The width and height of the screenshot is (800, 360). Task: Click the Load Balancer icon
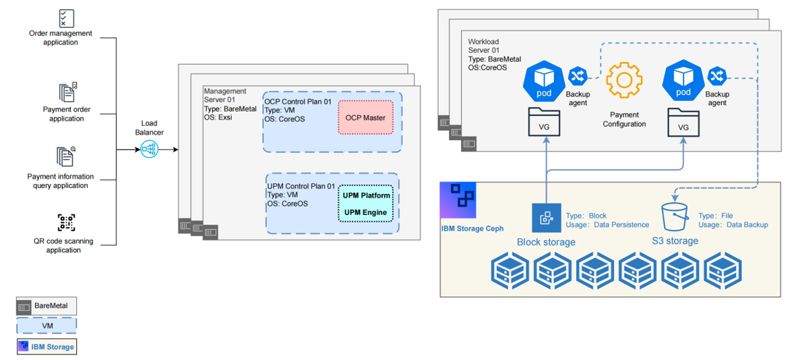[149, 150]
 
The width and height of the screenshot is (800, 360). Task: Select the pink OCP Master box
[365, 117]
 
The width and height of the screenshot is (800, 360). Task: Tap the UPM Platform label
[365, 196]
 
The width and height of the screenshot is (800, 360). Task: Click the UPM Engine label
[365, 212]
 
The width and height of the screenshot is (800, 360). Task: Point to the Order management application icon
[66, 18]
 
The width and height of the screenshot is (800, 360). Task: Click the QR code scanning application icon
[66, 222]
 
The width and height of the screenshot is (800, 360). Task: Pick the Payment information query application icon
[66, 156]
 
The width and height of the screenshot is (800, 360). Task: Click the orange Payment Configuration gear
[623, 81]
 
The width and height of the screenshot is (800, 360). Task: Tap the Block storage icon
[546, 218]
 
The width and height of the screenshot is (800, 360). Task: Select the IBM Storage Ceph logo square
[458, 200]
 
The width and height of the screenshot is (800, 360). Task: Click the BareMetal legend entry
[47, 306]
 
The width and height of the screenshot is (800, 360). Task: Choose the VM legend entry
[47, 326]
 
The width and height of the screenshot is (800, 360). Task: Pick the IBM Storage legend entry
[47, 347]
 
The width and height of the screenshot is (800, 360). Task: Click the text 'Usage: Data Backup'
[733, 224]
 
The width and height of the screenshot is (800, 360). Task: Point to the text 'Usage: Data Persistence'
[607, 224]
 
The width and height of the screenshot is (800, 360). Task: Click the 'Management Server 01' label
[225, 96]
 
